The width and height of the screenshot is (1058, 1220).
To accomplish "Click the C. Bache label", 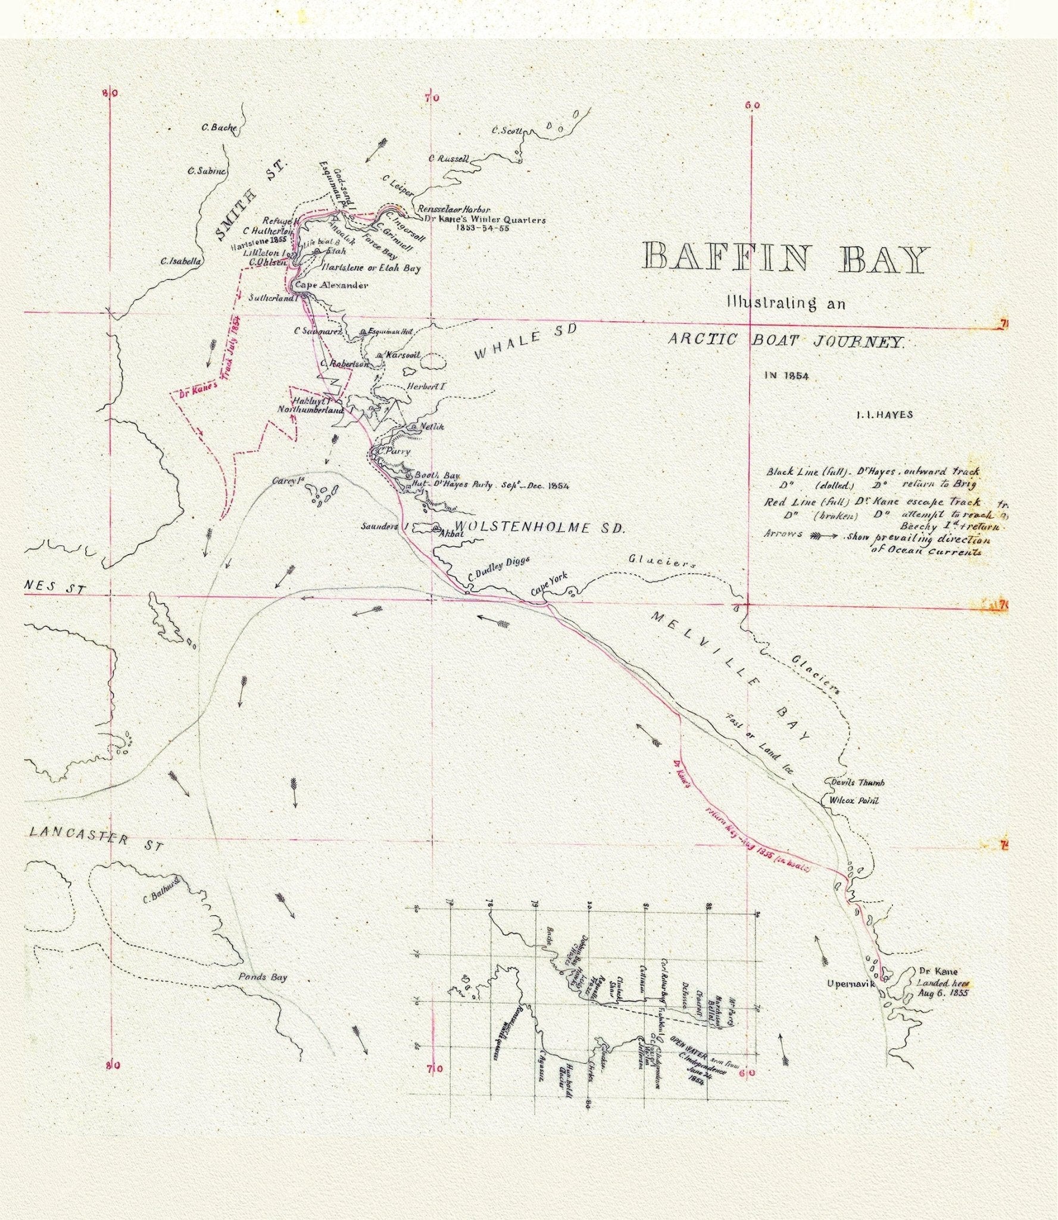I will tap(219, 127).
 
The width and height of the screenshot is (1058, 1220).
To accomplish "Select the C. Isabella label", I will tap(181, 261).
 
